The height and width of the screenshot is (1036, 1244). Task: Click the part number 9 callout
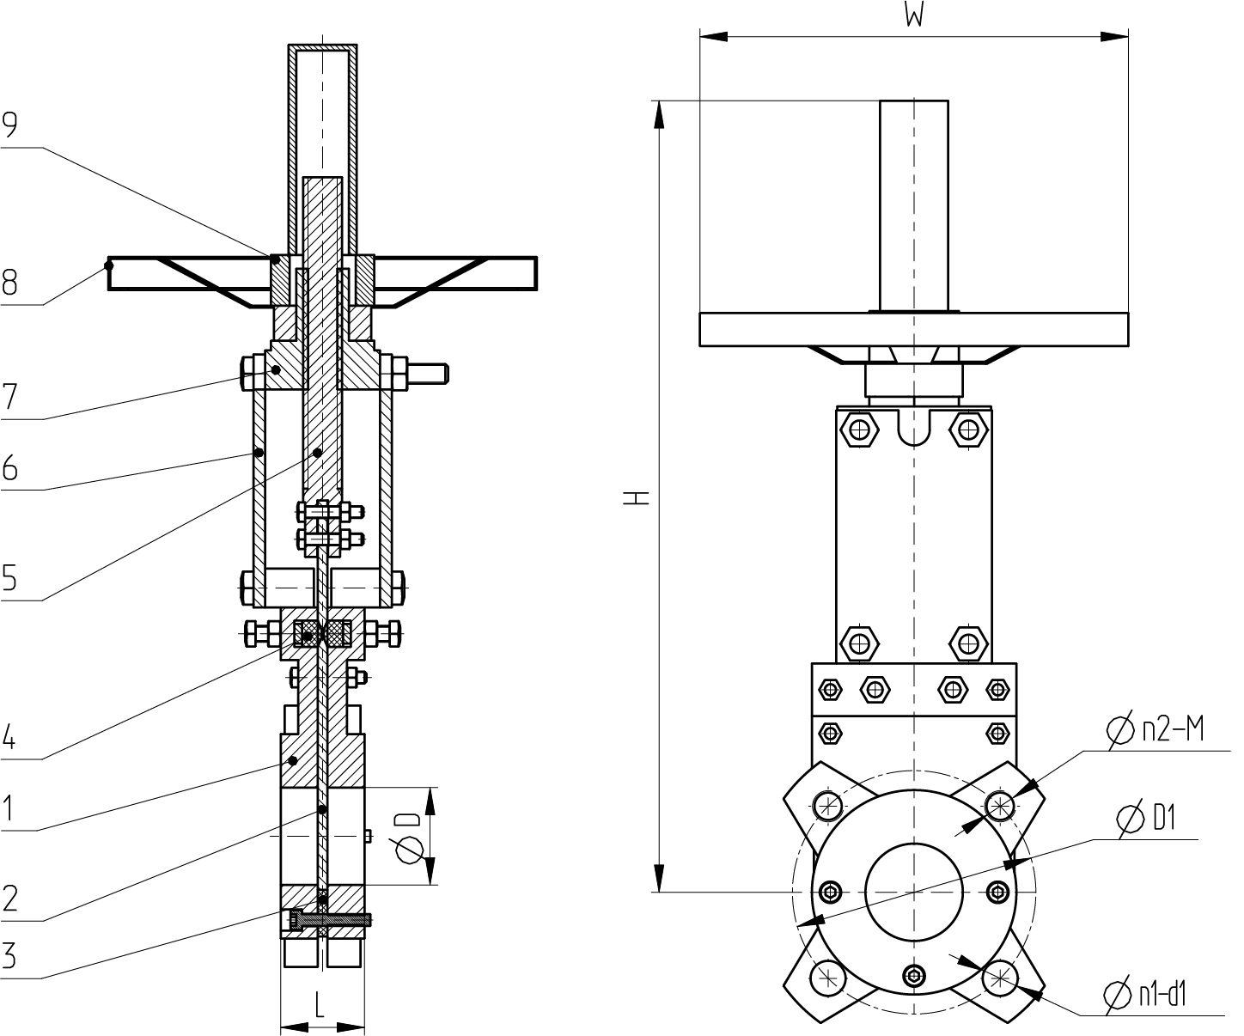coord(9,125)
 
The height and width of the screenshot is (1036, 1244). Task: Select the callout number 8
coord(9,283)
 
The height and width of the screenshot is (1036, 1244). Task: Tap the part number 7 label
coord(9,396)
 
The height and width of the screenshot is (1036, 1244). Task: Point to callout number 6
coord(9,467)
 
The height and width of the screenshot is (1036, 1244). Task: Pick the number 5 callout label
coord(9,577)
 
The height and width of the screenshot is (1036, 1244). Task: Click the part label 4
coord(9,737)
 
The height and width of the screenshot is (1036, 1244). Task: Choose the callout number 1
coord(8,808)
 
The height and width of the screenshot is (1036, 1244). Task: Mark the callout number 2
coord(9,899)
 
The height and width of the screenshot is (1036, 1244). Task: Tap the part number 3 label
coord(9,955)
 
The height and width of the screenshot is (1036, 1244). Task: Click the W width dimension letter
coord(913,14)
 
